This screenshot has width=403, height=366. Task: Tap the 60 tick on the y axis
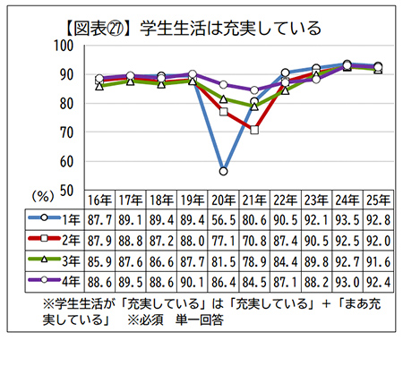67,162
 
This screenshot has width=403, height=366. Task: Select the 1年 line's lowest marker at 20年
223,170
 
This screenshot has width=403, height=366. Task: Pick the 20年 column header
223,198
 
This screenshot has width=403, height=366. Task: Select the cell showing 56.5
223,217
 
